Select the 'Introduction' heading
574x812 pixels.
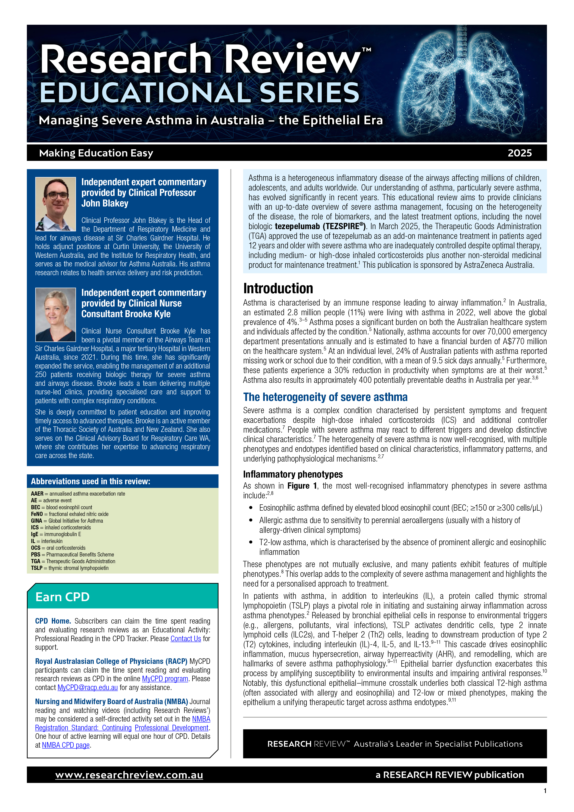[x=278, y=289]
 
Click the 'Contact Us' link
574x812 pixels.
[x=185, y=639]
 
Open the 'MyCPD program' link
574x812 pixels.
[x=165, y=679]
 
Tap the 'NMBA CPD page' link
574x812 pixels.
[x=66, y=745]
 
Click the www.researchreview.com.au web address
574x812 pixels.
[x=129, y=775]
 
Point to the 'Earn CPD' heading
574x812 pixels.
[x=62, y=597]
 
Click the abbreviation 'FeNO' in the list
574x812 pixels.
[x=37, y=514]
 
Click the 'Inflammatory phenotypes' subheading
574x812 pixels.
[x=293, y=474]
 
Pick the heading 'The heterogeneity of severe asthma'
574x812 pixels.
[x=325, y=397]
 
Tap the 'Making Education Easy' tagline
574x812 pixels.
[x=96, y=153]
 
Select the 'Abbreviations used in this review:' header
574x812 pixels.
[x=90, y=481]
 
